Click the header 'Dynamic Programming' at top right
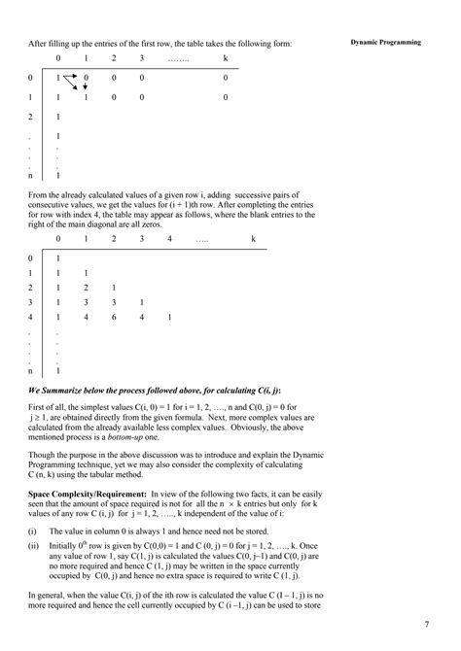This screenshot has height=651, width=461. click(x=387, y=43)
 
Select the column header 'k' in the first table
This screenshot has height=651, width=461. click(x=225, y=59)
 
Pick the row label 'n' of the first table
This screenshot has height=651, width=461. click(x=31, y=176)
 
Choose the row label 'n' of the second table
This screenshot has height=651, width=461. click(x=31, y=370)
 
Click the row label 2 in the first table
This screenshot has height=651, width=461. click(x=31, y=117)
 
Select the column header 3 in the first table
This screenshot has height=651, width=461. click(x=142, y=59)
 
